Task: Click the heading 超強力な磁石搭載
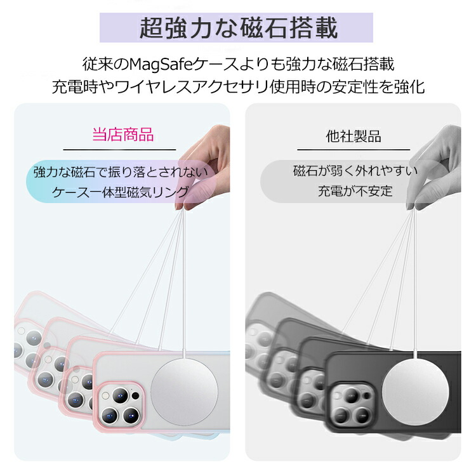[x=238, y=28]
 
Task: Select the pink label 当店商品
[x=123, y=135]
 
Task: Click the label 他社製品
[x=354, y=136]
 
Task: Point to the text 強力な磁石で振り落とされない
[x=121, y=172]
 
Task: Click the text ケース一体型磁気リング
[x=121, y=192]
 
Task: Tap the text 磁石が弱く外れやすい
[x=355, y=171]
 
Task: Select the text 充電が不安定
[x=355, y=191]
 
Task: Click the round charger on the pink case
[x=184, y=392]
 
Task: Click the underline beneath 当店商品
[x=119, y=150]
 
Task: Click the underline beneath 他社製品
[x=354, y=150]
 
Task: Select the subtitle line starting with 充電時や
[x=238, y=87]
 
